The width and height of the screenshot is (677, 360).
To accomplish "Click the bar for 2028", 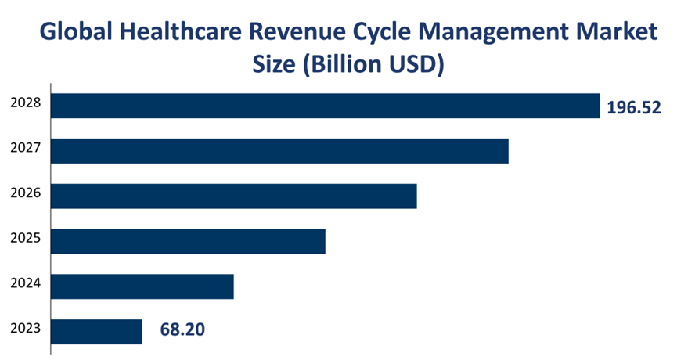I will click(x=325, y=106).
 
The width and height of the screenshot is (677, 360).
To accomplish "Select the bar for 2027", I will click(x=279, y=151).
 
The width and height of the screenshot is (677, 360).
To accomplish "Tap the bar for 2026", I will click(x=233, y=196).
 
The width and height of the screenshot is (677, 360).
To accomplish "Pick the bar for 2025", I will click(x=188, y=242).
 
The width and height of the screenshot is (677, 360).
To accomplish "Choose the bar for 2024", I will click(x=142, y=287).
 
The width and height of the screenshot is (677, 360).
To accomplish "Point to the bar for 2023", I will click(x=96, y=332).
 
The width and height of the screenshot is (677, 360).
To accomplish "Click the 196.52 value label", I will click(x=634, y=108).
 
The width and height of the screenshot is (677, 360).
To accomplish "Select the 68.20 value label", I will click(x=182, y=330).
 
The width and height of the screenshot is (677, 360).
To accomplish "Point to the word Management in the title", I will click(x=511, y=34).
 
